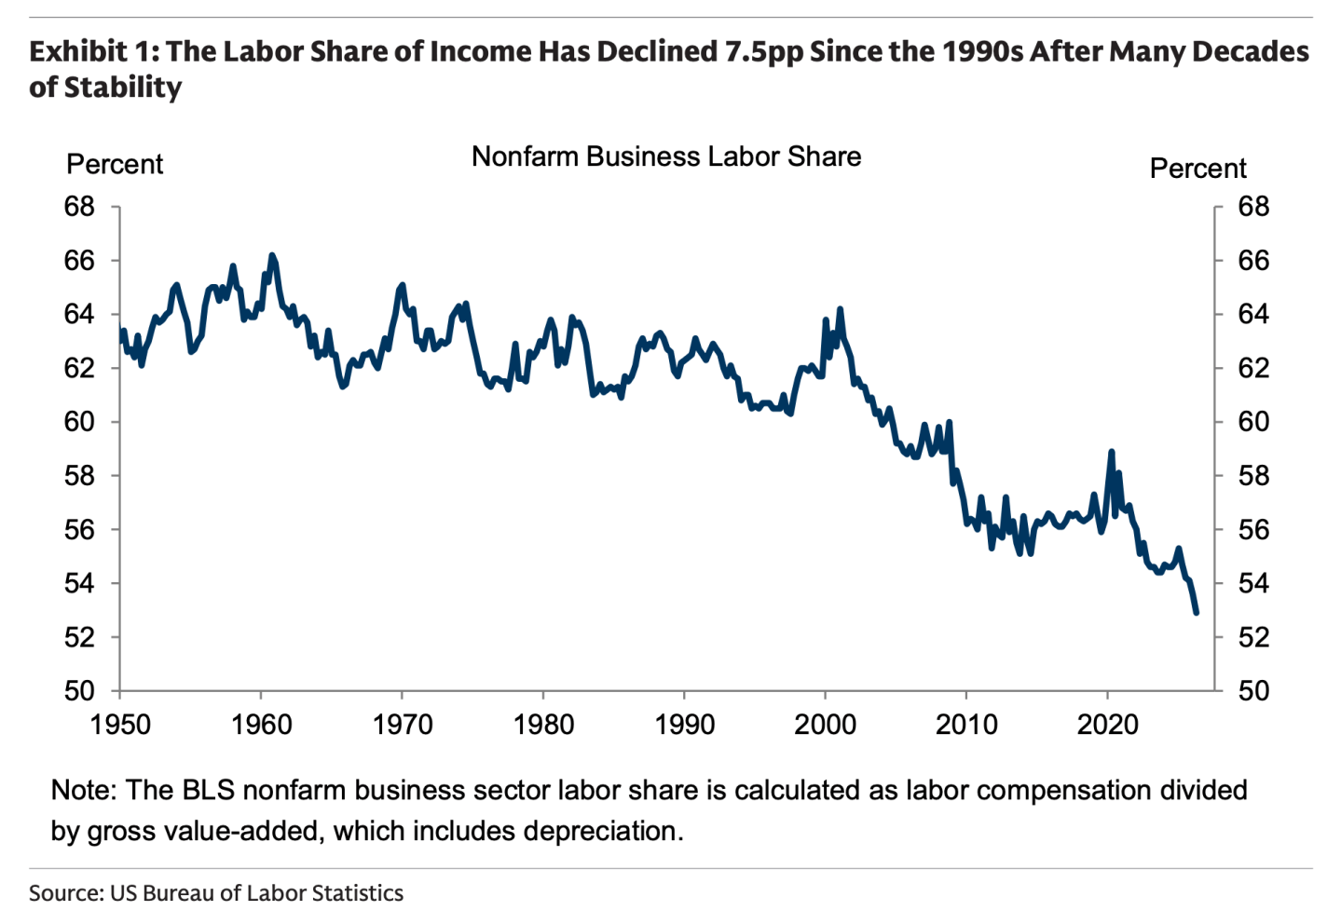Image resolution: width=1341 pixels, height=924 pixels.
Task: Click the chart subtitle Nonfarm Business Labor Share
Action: tap(666, 156)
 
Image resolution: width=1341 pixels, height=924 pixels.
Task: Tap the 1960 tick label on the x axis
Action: tap(261, 725)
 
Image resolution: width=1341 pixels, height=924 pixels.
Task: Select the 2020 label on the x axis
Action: tap(1107, 725)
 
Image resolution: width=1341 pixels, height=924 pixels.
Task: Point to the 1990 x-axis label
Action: tap(684, 725)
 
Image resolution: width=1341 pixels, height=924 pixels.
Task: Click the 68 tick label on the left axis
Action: tap(79, 207)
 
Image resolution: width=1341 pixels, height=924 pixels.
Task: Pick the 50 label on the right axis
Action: tap(1253, 690)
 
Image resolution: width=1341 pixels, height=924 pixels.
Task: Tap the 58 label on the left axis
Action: tap(79, 476)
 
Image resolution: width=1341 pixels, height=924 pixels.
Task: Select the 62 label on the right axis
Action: tap(1253, 368)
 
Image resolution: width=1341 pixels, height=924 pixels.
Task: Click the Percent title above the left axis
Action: tap(115, 164)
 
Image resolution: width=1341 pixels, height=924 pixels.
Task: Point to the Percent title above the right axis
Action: tap(1197, 169)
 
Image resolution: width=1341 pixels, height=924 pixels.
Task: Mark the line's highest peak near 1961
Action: tap(272, 255)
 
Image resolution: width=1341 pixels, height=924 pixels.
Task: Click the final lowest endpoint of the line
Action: tap(1197, 612)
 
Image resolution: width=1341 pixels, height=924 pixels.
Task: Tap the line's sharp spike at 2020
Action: tap(1111, 452)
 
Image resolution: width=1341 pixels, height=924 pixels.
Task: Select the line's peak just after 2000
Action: tap(840, 309)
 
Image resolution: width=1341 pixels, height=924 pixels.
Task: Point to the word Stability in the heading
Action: tap(123, 88)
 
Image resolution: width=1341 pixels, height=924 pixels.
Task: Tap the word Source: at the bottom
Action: tap(67, 893)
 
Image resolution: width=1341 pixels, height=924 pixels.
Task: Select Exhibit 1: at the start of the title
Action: tap(94, 51)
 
